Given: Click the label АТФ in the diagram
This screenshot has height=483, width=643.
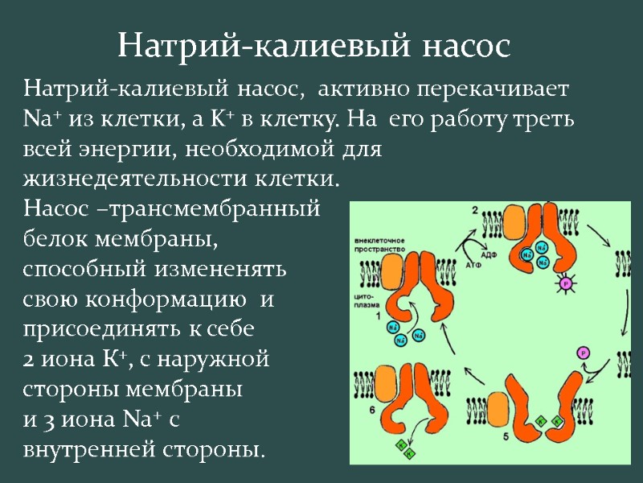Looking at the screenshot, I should click(x=473, y=263).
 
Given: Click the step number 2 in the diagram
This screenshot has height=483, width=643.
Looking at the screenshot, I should click(x=475, y=210).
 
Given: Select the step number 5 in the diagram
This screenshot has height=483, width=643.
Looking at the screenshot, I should click(x=506, y=436).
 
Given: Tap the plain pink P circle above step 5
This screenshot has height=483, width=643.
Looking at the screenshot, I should click(x=583, y=352).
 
